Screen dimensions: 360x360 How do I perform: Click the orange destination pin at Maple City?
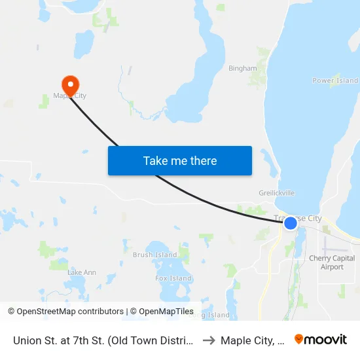point(70,84)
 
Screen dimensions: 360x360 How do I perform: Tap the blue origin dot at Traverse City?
point(291,223)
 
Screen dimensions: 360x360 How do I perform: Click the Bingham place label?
point(242,68)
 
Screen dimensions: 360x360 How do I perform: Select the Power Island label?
point(334,81)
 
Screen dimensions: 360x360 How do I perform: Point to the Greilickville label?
point(276,194)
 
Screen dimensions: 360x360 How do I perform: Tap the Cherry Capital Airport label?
point(332,262)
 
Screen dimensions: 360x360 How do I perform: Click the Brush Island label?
point(154,255)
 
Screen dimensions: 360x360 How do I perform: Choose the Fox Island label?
point(173,278)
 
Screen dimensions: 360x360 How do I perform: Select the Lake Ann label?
point(82,272)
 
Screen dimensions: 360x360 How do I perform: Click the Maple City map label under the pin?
point(69,96)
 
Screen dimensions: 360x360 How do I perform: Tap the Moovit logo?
point(320,340)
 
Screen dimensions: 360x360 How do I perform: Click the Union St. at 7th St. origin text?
point(103,340)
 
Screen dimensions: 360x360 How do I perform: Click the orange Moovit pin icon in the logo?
point(299,340)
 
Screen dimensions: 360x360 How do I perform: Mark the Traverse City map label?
point(298,218)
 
